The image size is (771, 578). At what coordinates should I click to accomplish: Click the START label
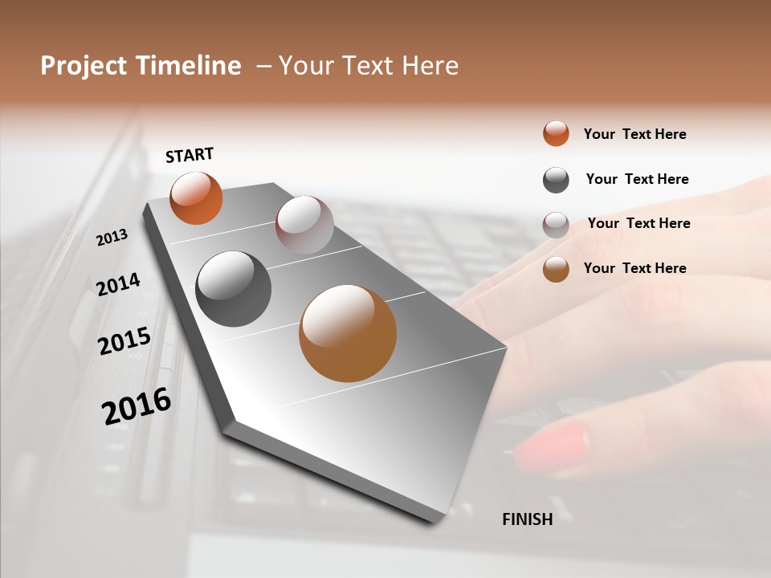click(190, 155)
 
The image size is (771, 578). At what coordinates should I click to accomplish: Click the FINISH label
click(528, 519)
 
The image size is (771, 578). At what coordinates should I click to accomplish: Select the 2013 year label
click(112, 237)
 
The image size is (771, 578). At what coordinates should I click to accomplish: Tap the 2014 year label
click(118, 284)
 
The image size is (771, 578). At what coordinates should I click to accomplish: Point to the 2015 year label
click(124, 341)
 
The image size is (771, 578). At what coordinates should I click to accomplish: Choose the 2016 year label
click(137, 406)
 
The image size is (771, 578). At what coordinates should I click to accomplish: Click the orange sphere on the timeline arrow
click(196, 197)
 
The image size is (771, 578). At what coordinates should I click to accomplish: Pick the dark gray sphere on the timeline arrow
click(233, 289)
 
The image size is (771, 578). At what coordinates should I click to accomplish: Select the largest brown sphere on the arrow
click(348, 333)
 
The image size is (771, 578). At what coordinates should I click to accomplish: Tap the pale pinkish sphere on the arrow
click(304, 225)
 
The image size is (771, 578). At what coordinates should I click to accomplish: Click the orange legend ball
click(556, 133)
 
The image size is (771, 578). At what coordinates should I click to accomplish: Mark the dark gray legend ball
click(556, 180)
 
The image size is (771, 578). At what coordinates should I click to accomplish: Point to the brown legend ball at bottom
click(556, 269)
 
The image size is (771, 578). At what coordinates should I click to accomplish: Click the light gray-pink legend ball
click(556, 225)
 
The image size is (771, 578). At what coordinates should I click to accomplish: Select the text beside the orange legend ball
click(634, 134)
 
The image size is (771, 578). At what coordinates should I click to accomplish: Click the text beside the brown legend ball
click(634, 268)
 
